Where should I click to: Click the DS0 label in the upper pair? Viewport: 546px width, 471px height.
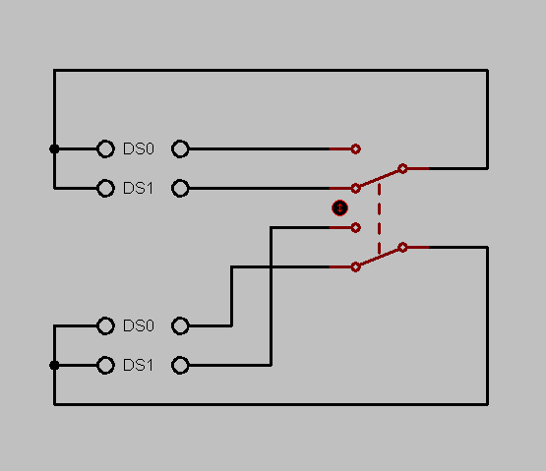(x=139, y=149)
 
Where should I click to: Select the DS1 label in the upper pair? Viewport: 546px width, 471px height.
(x=139, y=189)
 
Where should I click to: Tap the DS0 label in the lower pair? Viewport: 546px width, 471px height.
(x=139, y=325)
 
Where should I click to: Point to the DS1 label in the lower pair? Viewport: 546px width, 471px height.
(x=139, y=365)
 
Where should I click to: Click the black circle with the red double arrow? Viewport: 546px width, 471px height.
(x=339, y=208)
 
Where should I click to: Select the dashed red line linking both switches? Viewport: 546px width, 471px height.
(x=379, y=217)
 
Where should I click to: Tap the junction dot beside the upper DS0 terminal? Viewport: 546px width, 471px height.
(x=54, y=149)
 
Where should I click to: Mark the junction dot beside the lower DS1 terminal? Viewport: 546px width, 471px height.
(x=54, y=365)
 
